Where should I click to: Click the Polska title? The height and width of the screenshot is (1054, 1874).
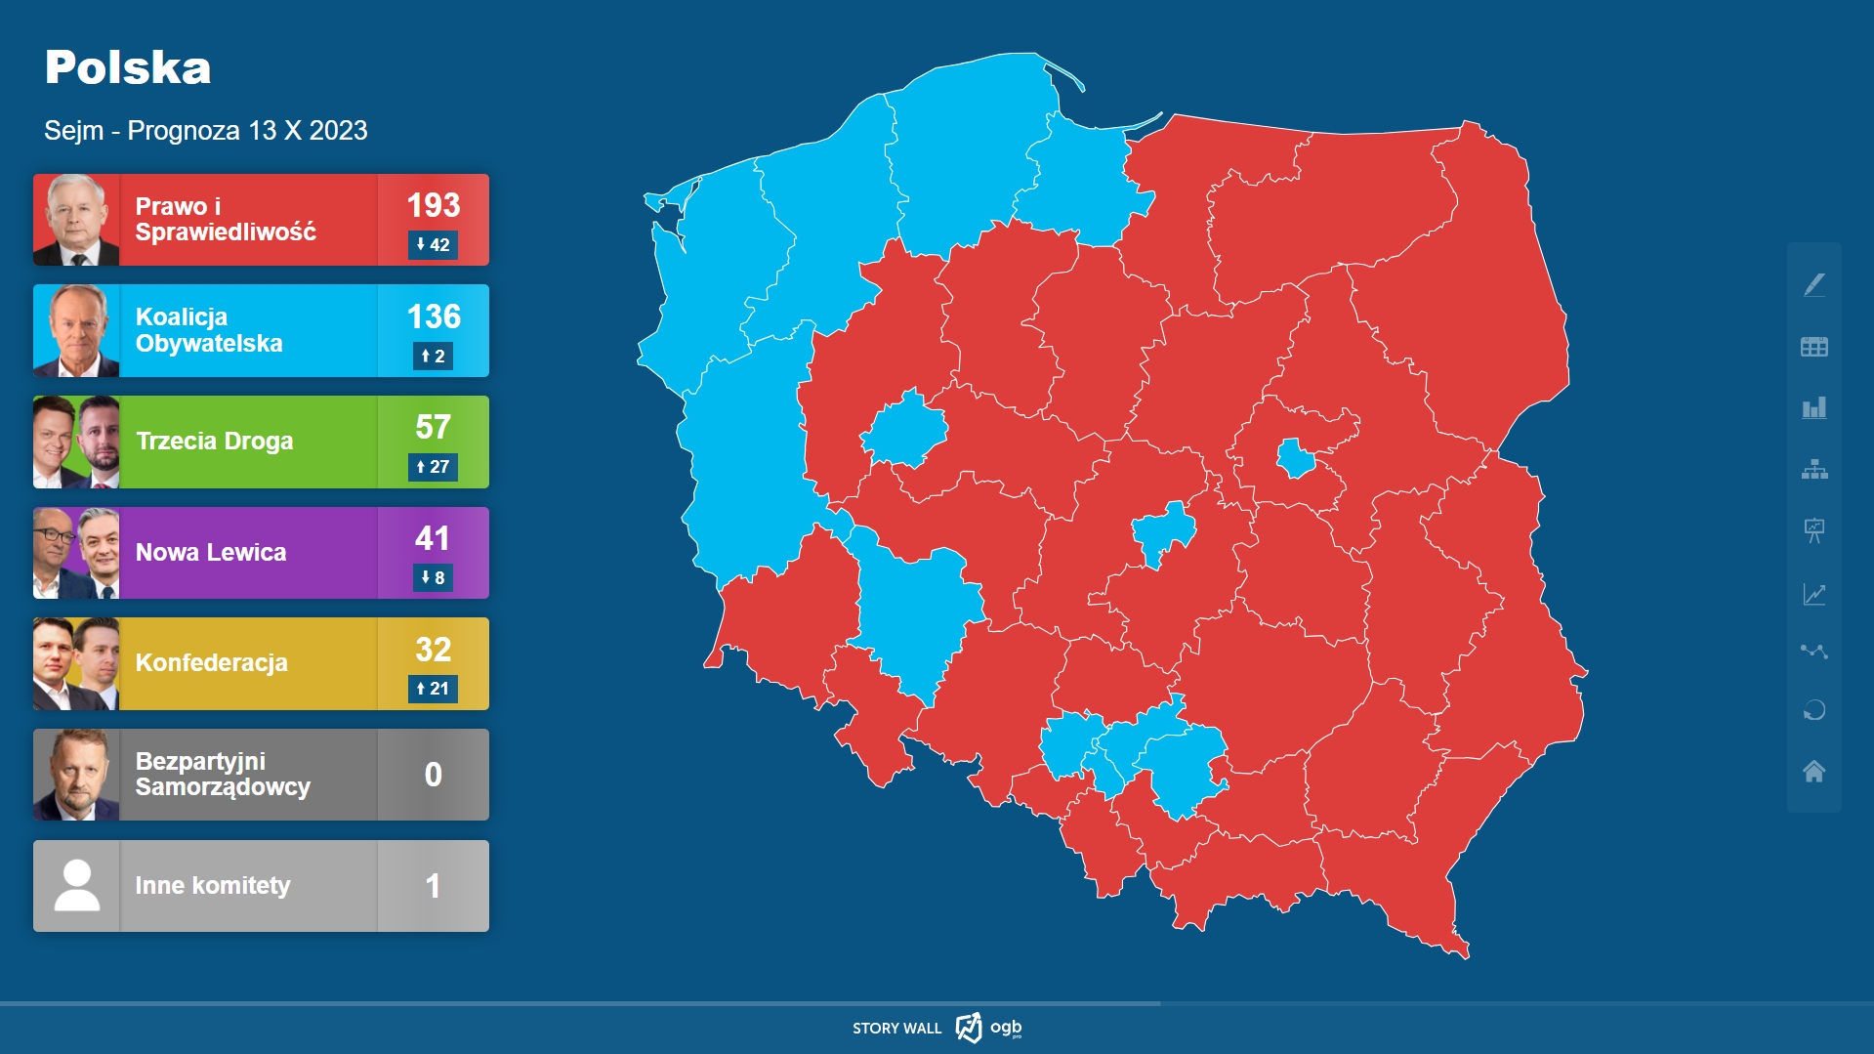(128, 67)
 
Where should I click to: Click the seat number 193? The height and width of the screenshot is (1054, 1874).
(434, 205)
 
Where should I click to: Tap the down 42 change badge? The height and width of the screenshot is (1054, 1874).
(433, 245)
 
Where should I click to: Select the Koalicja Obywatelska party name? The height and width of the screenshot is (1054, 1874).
(209, 330)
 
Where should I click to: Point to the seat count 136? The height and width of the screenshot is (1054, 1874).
(434, 316)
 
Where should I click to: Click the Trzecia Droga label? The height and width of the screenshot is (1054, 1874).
(214, 442)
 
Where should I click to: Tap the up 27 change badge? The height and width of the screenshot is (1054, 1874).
(433, 467)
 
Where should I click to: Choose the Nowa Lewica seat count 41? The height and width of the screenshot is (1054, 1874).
(433, 538)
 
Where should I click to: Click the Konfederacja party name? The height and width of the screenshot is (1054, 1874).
(211, 663)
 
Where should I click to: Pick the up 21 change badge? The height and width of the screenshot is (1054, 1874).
(433, 689)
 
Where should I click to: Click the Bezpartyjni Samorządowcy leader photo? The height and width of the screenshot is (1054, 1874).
(76, 775)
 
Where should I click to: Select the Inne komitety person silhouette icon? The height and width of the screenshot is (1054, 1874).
(76, 885)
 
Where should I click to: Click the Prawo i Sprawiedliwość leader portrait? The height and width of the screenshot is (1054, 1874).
(76, 220)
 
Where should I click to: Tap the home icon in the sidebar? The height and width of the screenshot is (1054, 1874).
(1813, 772)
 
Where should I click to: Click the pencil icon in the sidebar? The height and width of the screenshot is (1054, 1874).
(1813, 285)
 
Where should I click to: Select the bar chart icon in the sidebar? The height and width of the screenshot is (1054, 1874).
(1813, 408)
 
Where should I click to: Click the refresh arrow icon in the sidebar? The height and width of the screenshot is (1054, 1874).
(1813, 710)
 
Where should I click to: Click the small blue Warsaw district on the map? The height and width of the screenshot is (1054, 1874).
(1297, 457)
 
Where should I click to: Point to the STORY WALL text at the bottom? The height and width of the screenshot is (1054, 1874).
(896, 1029)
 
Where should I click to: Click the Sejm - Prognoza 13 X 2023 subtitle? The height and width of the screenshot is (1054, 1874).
(206, 131)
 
